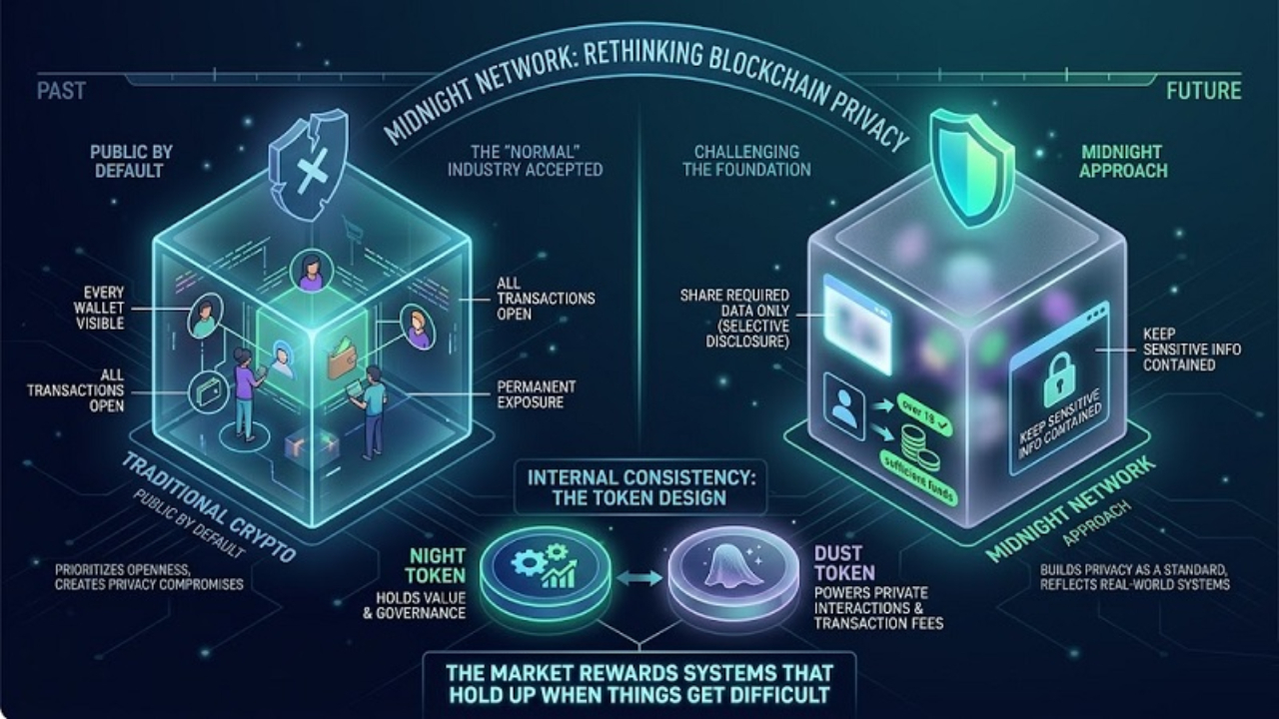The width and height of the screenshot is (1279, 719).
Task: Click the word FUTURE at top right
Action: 1203,91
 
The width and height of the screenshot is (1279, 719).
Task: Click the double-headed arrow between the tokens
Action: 632,576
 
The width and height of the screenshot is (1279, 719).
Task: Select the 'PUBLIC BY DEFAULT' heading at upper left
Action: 131,161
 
